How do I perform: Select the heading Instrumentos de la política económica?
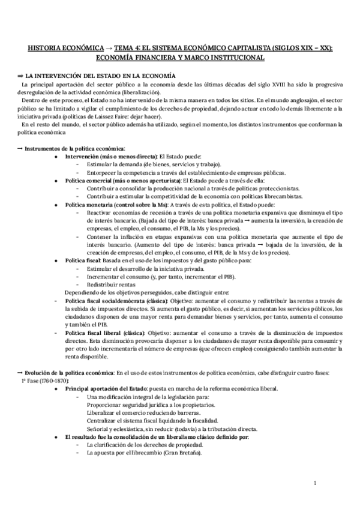76,148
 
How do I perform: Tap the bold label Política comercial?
91,179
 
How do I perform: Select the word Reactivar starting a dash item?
100,212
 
